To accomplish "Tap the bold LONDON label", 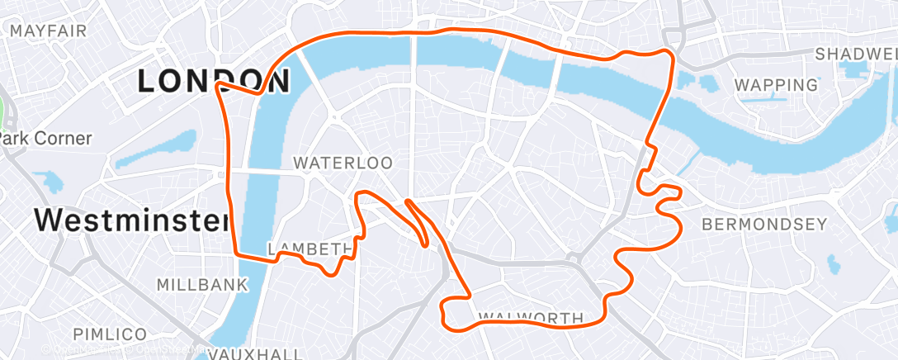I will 213,81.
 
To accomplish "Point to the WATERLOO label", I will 343,163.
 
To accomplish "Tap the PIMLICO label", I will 110,334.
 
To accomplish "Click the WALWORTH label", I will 531,318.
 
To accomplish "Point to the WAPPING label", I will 776,84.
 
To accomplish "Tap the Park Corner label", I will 46,138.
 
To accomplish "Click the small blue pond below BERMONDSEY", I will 834,264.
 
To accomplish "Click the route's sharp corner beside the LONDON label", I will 218,84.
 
